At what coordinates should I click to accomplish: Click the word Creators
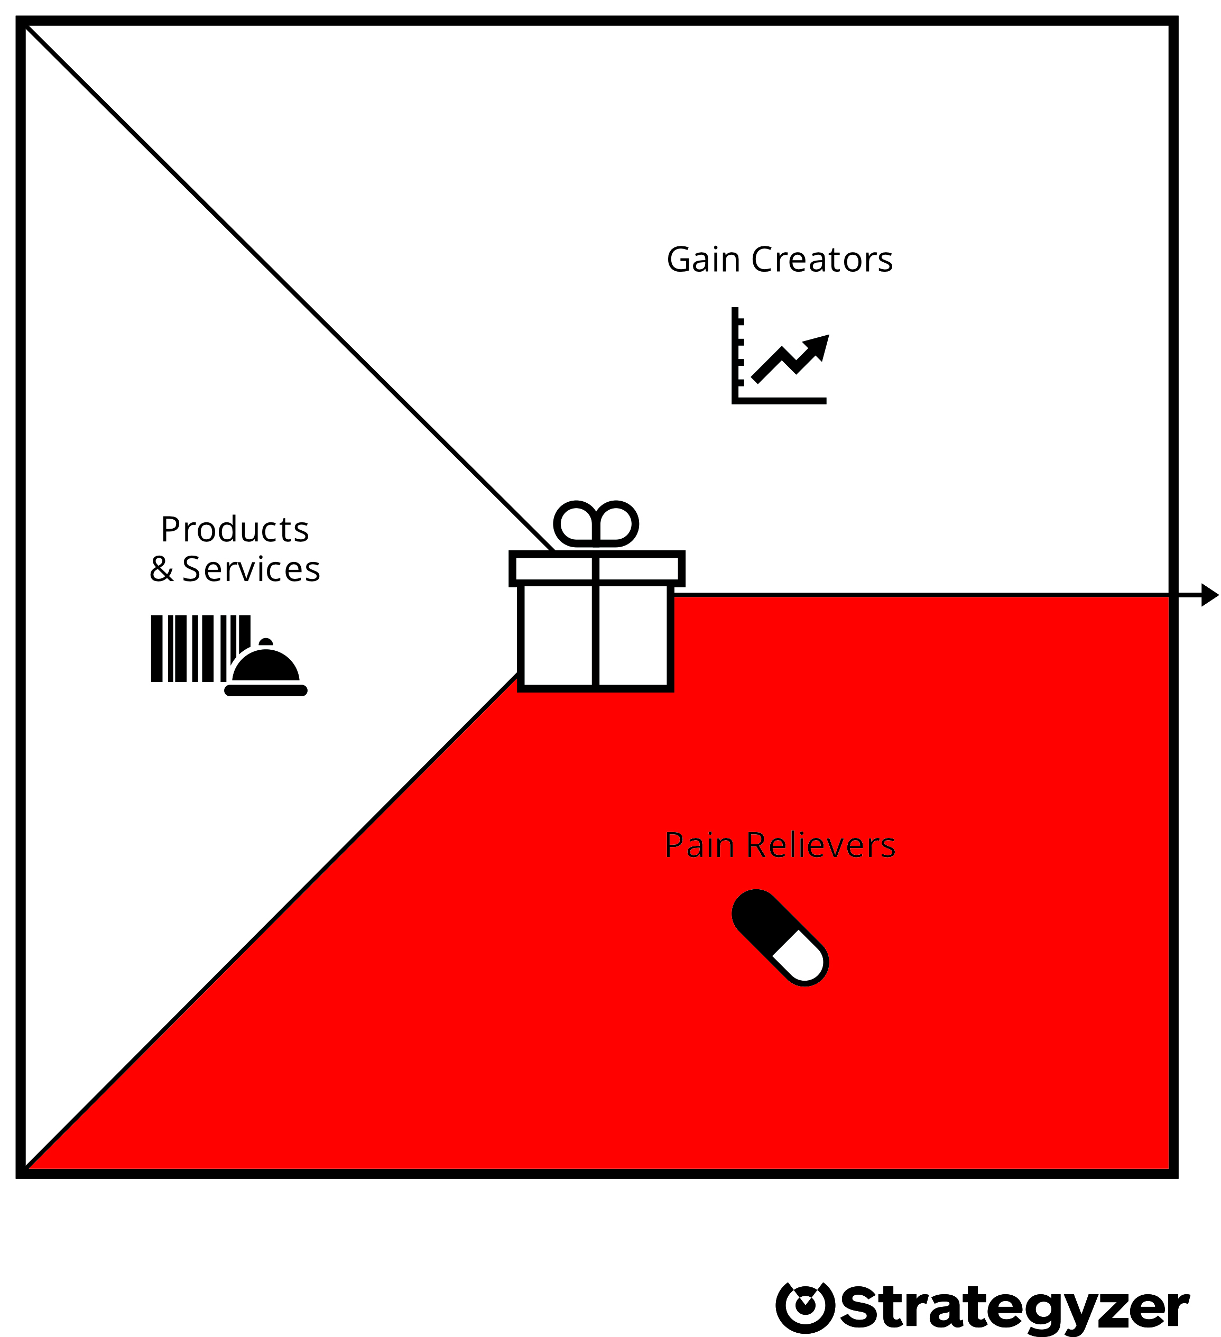pyautogui.click(x=822, y=260)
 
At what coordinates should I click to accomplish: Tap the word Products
pyautogui.click(x=235, y=529)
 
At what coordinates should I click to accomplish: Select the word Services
pyautogui.click(x=251, y=569)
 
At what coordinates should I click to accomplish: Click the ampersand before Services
pyautogui.click(x=161, y=569)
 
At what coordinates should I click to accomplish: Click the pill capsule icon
pyautogui.click(x=780, y=938)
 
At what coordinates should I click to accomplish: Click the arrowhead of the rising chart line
pyautogui.click(x=818, y=347)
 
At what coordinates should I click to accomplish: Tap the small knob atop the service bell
pyautogui.click(x=266, y=642)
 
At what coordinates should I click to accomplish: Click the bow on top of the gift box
pyautogui.click(x=596, y=524)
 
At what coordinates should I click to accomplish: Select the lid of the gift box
pyautogui.click(x=597, y=568)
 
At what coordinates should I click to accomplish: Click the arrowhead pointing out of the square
pyautogui.click(x=1210, y=595)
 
